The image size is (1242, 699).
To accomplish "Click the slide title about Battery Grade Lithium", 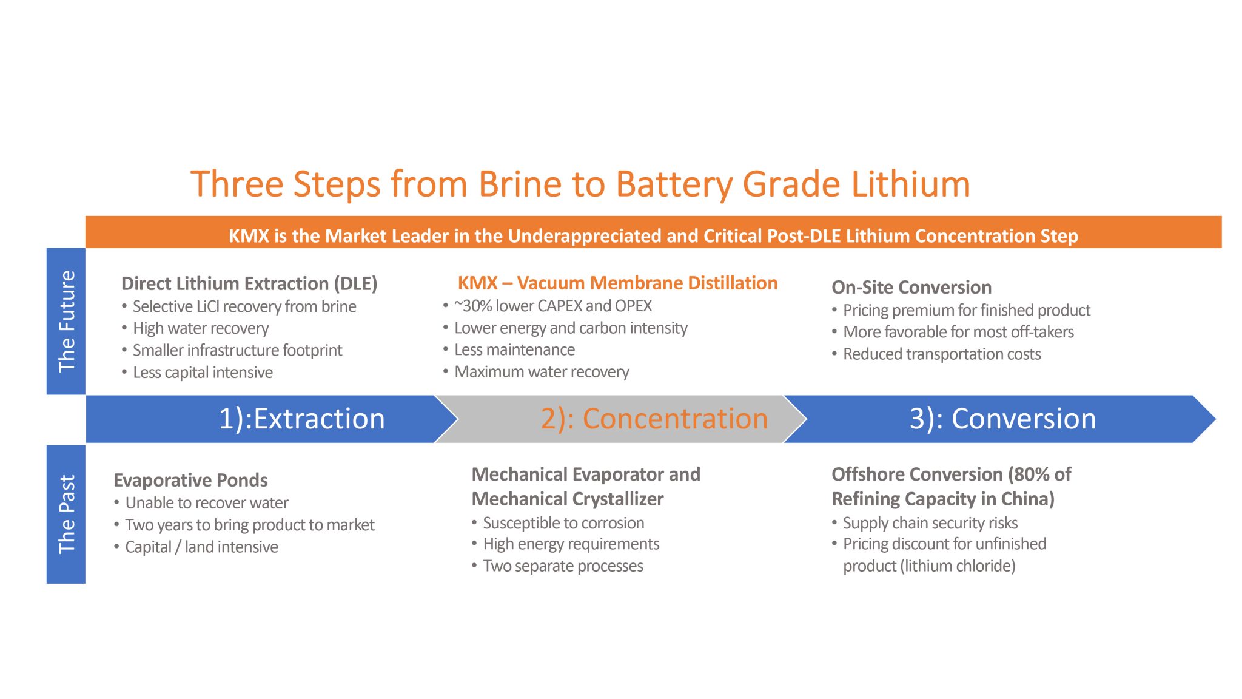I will pyautogui.click(x=580, y=184).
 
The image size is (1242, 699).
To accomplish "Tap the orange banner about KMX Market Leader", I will pyautogui.click(x=653, y=235).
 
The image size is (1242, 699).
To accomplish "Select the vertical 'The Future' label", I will pyautogui.click(x=66, y=321).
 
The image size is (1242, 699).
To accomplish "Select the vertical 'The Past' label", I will pyautogui.click(x=66, y=514).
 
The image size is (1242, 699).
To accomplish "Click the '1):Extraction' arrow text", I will pyautogui.click(x=301, y=419).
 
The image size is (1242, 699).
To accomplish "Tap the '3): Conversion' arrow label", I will pyautogui.click(x=1002, y=419).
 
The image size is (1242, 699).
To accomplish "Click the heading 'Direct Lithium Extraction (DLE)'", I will pyautogui.click(x=249, y=283).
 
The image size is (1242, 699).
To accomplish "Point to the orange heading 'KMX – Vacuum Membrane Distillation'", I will pyautogui.click(x=617, y=283).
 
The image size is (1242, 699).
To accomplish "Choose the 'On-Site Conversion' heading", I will pyautogui.click(x=911, y=287).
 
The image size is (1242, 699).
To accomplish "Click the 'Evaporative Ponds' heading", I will pyautogui.click(x=190, y=480).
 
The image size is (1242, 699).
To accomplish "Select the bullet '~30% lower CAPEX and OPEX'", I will pyautogui.click(x=552, y=306).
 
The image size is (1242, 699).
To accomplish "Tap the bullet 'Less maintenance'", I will pyautogui.click(x=514, y=349).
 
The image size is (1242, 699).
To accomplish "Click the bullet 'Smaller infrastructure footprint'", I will pyautogui.click(x=237, y=350).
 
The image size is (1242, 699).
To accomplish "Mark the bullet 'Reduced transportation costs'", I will pyautogui.click(x=941, y=354).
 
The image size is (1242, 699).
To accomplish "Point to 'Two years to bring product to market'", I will pyautogui.click(x=249, y=525).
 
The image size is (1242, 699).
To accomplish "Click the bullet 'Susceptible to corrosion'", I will pyautogui.click(x=563, y=522).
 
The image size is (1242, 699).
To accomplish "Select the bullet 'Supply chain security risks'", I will pyautogui.click(x=930, y=522).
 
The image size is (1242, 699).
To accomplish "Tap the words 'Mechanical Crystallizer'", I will pyautogui.click(x=568, y=499).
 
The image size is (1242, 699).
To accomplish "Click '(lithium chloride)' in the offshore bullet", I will pyautogui.click(x=958, y=566).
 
